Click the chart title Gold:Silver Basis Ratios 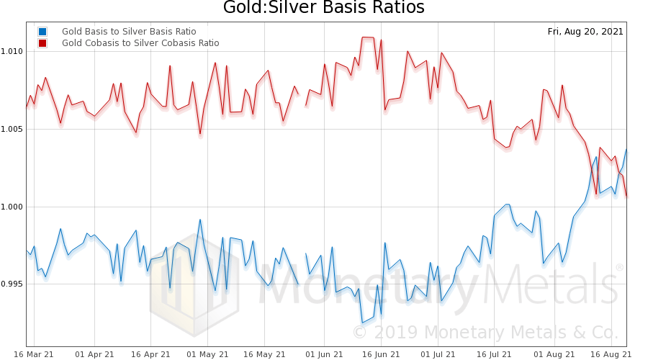coord(323,9)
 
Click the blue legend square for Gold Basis coord(43,32)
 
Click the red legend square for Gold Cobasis coord(43,43)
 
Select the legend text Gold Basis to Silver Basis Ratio coord(129,32)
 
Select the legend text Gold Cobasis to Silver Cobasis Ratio coord(140,43)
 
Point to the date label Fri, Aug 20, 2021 coord(585,32)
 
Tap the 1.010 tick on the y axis coord(12,51)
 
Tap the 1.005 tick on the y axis coord(12,129)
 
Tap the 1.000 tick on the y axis coord(12,207)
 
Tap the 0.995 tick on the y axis coord(12,284)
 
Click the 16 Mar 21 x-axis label coord(33,354)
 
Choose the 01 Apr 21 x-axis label coord(94,354)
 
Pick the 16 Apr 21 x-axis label coord(151,354)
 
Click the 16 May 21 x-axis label coord(264,354)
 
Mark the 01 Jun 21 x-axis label coord(324,354)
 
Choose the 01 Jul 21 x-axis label coord(437,354)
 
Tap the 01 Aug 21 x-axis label coord(554,354)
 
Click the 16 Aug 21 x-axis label coord(611,354)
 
